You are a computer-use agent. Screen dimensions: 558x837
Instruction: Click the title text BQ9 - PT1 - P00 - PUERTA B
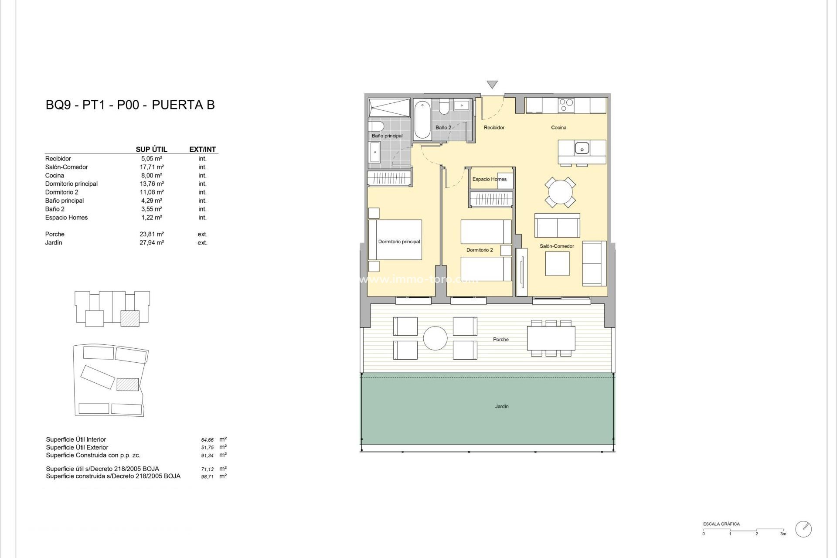click(130, 105)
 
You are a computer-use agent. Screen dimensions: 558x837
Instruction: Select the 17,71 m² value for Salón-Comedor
click(151, 167)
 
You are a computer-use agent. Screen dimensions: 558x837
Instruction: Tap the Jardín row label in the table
click(54, 243)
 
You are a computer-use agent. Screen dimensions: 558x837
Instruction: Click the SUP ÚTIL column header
click(151, 150)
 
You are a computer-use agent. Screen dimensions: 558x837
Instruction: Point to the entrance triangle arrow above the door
click(492, 84)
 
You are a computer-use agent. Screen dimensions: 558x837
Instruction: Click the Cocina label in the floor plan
click(558, 128)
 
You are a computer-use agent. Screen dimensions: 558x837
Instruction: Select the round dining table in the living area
click(560, 192)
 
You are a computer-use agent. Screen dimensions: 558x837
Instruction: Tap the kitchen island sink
click(582, 149)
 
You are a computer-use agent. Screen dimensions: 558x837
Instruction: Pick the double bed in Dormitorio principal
click(395, 240)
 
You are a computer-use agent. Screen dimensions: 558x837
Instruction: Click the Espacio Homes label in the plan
click(489, 179)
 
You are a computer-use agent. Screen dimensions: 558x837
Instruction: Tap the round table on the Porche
click(435, 338)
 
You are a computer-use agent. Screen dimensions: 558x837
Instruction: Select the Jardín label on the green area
click(502, 406)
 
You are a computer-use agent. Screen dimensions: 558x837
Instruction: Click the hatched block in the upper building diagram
click(130, 318)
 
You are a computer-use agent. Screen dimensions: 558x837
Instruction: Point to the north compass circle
click(803, 529)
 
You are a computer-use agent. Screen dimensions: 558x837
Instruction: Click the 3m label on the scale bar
click(783, 534)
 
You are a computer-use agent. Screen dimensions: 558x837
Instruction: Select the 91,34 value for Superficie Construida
click(208, 456)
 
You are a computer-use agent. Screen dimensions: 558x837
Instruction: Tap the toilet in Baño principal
click(376, 126)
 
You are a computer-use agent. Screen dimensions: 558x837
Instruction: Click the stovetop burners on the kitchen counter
click(566, 105)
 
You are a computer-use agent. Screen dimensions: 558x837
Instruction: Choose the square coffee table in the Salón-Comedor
click(557, 264)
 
